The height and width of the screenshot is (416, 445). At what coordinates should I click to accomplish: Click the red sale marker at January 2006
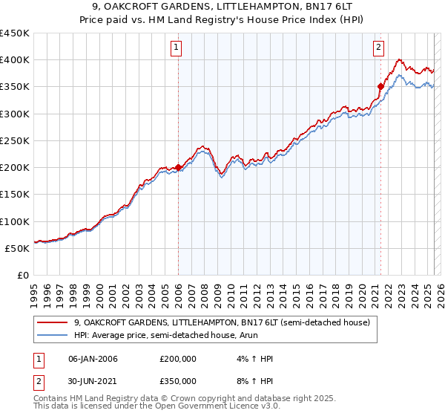[x=179, y=168]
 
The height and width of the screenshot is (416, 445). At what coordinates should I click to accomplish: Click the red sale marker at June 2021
[x=380, y=86]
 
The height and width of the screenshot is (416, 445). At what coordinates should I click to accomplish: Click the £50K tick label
[x=18, y=248]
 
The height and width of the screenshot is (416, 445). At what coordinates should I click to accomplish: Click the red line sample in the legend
[x=52, y=322]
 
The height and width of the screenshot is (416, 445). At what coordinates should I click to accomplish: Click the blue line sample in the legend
[x=52, y=337]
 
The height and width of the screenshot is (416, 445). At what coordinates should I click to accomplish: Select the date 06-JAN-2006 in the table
[x=93, y=359]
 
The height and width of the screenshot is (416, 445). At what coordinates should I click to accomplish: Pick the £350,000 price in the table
[x=178, y=380]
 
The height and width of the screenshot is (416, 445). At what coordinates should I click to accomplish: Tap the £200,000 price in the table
[x=178, y=359]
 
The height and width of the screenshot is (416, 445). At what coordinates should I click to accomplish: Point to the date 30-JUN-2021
[x=93, y=380]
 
